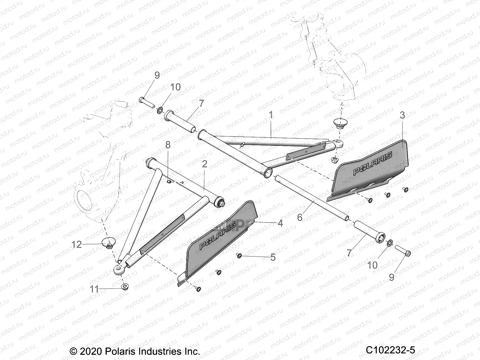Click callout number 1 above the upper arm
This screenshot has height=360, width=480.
click(x=271, y=115)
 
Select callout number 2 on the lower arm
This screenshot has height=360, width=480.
click(x=205, y=164)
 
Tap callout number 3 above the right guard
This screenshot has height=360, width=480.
click(x=402, y=115)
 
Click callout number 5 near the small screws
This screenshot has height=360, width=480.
click(x=273, y=257)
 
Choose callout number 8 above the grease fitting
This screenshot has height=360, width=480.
click(x=168, y=145)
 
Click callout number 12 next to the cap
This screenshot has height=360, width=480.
click(x=77, y=244)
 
